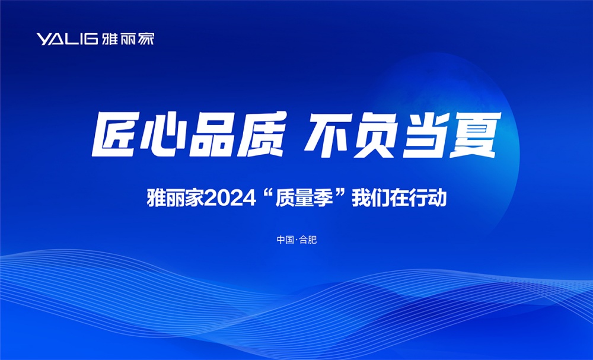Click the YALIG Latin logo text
68,39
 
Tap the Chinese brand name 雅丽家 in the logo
128,39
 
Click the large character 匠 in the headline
114,134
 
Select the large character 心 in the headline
164,134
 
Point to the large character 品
212,134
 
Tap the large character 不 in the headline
327,134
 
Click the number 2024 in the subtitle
230,199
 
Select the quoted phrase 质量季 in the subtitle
304,199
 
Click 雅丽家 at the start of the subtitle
175,199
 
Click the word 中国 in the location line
285,240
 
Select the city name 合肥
308,240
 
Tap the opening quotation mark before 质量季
267,194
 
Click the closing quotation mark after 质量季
341,194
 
